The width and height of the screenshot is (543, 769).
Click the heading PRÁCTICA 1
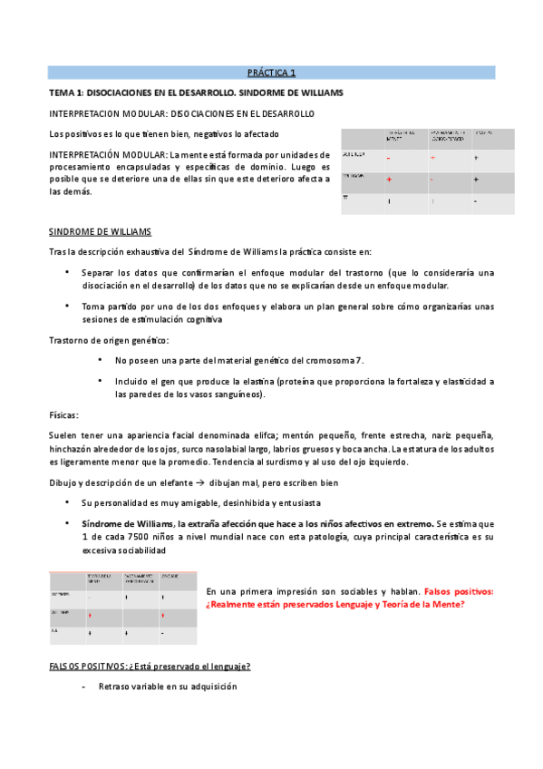[x=271, y=73]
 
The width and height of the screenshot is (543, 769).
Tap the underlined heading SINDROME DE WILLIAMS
[x=100, y=231]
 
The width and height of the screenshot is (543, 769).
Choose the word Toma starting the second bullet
[x=92, y=307]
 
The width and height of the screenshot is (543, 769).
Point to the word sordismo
[x=308, y=462]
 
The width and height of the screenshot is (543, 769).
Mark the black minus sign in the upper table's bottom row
[x=475, y=201]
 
